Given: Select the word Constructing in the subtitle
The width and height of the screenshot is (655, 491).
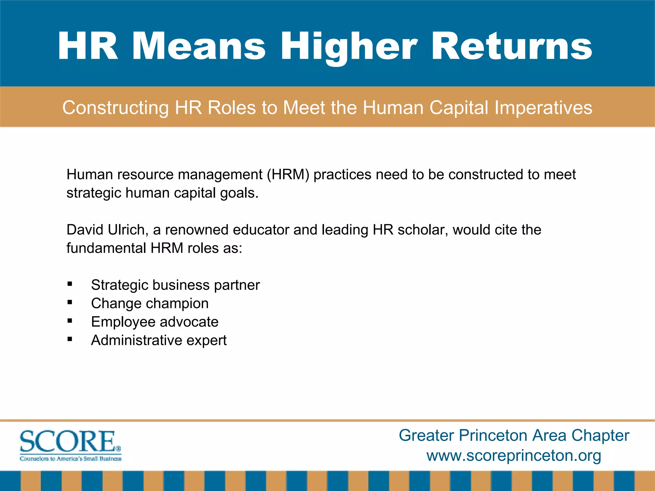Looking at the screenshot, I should click(x=115, y=108).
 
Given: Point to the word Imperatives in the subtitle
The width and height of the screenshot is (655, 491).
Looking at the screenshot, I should click(x=543, y=108).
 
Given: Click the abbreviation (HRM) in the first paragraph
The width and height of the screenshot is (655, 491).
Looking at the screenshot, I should click(x=288, y=175).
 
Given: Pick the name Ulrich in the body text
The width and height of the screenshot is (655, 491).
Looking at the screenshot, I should click(x=126, y=230).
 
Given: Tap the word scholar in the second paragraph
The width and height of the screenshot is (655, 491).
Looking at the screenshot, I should click(x=422, y=230).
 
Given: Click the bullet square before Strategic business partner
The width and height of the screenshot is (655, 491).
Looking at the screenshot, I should click(x=70, y=284).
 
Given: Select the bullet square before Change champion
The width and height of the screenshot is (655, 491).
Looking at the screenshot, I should click(x=70, y=302).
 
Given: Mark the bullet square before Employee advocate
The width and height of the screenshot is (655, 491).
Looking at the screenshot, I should click(x=70, y=321).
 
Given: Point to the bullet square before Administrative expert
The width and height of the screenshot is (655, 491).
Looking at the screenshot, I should click(x=70, y=339).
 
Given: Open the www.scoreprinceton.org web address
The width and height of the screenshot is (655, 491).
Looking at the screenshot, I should click(x=514, y=455).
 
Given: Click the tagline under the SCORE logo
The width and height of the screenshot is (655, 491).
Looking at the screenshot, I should click(x=71, y=459).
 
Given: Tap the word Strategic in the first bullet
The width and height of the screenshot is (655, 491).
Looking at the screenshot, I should click(x=119, y=285).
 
